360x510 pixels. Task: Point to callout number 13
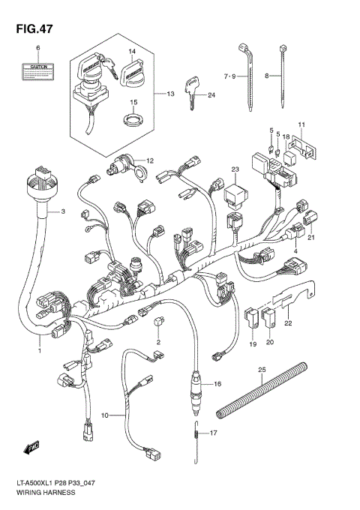pos(169,94)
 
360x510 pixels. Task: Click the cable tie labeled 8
pos(284,75)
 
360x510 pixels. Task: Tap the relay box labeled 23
pos(235,197)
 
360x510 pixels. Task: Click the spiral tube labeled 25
pos(261,388)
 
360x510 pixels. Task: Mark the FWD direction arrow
pos(31,448)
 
